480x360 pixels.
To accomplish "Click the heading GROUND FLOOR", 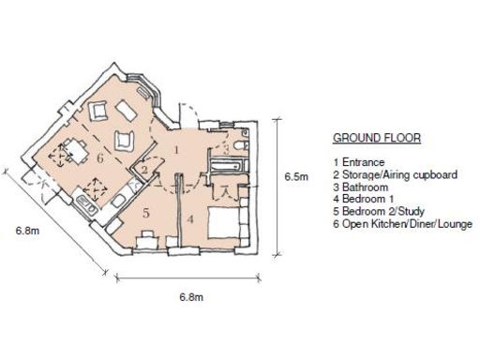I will pos(376,138).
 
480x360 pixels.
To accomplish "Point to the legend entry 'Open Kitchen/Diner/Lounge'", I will pos(402,224).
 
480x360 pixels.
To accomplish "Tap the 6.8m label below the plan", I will pos(192,297).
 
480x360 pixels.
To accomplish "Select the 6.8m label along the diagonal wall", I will pos(27,229).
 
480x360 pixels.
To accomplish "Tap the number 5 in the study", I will pos(145,213).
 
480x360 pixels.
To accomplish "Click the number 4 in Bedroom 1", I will pos(191,219).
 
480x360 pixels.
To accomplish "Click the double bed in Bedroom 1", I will pos(228,221).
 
